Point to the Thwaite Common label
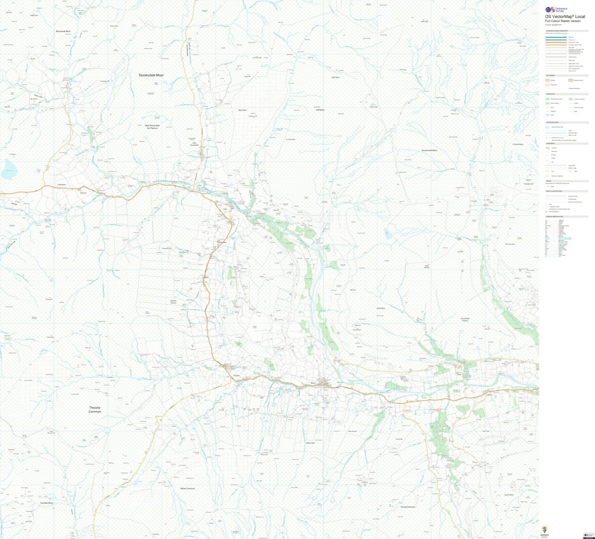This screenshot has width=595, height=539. click(95, 410)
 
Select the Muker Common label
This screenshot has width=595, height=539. click(187, 488)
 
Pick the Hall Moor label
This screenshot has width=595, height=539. click(320, 110)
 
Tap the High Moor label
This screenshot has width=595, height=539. click(335, 77)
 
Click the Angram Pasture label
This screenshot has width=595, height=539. click(174, 301)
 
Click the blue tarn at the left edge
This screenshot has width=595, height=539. click(8, 171)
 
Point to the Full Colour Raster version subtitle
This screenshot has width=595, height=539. click(563, 21)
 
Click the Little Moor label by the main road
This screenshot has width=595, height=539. click(61, 184)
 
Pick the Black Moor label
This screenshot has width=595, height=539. click(242, 110)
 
